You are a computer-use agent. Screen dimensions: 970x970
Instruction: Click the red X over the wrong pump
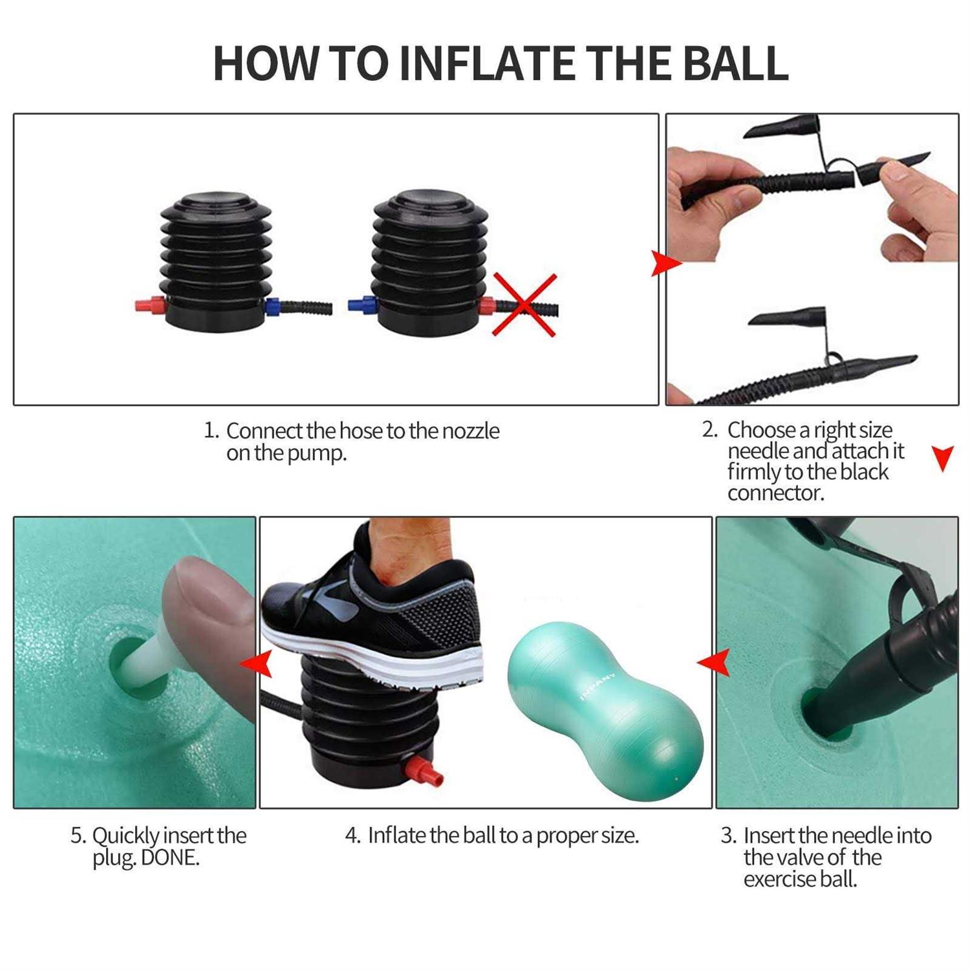[x=524, y=305]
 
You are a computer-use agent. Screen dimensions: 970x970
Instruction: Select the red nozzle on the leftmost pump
[x=150, y=304]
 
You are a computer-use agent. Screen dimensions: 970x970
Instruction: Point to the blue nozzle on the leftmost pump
[x=272, y=305]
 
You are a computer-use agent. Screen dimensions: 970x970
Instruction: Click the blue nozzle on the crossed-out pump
[x=361, y=304]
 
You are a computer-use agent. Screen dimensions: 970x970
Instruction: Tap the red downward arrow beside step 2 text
[x=943, y=458]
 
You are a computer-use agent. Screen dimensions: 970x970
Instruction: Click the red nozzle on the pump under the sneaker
[x=424, y=772]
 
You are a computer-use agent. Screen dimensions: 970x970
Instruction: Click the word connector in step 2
[x=775, y=493]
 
